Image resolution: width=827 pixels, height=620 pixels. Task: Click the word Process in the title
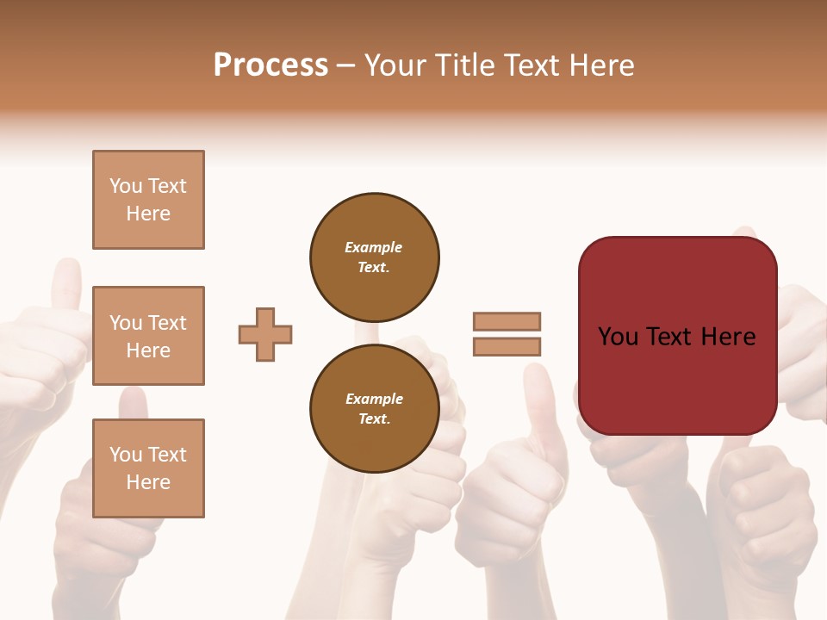270,65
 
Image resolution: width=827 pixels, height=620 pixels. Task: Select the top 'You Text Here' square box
148,200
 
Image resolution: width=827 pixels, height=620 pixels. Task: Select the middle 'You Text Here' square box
148,336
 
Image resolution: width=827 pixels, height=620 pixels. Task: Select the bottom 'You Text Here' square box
148,468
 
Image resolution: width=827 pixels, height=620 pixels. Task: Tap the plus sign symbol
265,334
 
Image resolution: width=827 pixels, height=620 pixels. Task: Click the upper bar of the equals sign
507,321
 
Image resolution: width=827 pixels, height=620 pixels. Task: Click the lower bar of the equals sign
507,346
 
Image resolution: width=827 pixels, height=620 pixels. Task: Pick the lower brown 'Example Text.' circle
374,408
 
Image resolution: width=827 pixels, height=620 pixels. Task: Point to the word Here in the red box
728,337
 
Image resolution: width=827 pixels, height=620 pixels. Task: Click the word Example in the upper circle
373,247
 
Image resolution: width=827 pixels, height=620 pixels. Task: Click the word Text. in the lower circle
374,418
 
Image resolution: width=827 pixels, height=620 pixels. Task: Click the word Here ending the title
602,65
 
